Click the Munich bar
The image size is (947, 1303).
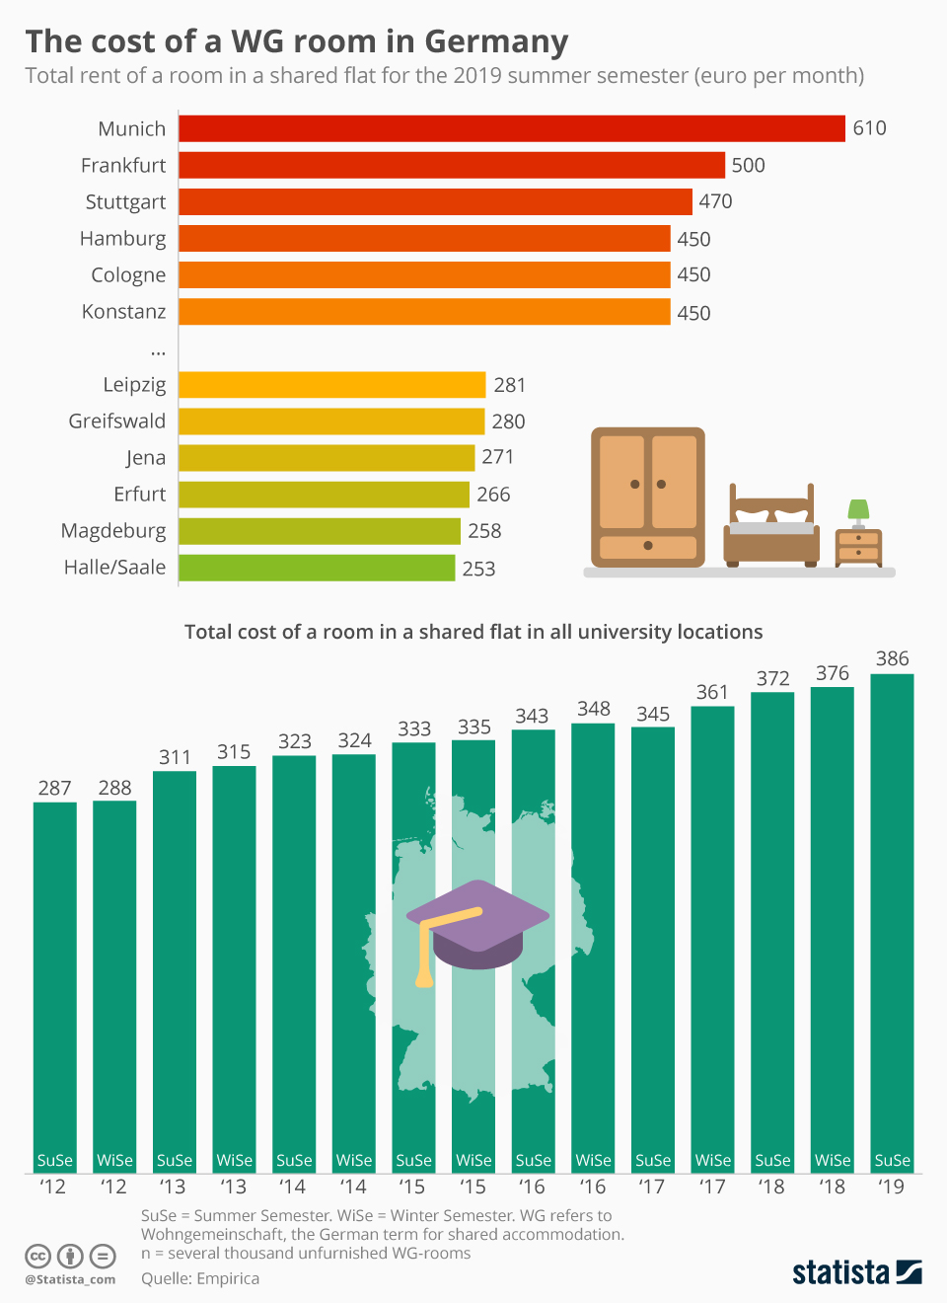click(511, 128)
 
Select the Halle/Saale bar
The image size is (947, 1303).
click(317, 568)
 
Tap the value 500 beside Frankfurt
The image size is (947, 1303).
click(748, 165)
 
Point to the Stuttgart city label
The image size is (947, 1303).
click(125, 202)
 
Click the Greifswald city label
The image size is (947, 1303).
click(116, 422)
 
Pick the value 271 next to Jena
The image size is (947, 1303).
click(497, 457)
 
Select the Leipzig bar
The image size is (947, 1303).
click(331, 385)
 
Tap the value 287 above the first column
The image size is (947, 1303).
click(55, 788)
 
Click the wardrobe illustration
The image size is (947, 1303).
click(648, 497)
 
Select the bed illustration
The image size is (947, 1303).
click(771, 528)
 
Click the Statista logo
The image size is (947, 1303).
click(856, 1271)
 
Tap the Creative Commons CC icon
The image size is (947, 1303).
click(37, 1257)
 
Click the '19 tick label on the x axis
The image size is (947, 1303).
click(892, 1187)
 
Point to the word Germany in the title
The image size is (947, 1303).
click(496, 41)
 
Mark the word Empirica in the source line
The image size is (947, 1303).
click(228, 1278)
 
